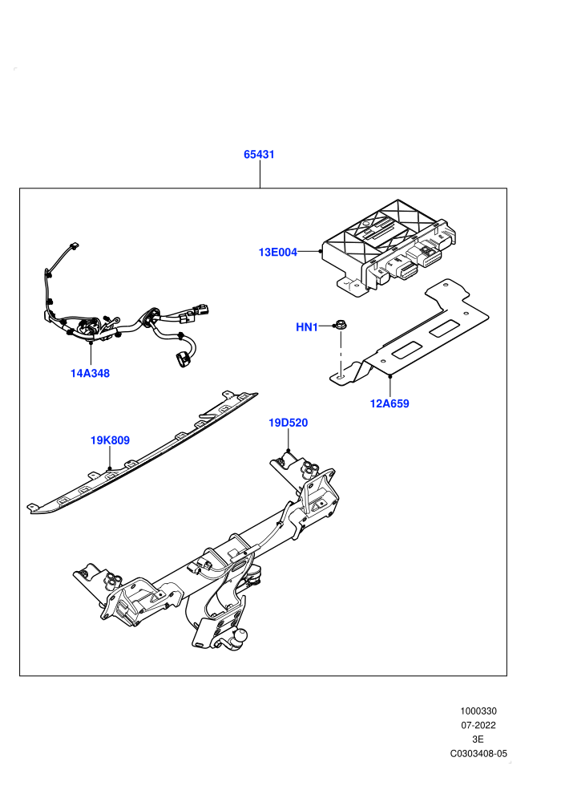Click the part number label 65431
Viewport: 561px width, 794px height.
259,155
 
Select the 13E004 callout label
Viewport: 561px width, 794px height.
278,252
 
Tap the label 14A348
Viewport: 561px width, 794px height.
90,373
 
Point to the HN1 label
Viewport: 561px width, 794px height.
307,327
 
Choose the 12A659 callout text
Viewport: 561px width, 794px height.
389,403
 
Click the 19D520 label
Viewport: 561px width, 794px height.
288,423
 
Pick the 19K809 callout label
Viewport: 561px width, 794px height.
110,440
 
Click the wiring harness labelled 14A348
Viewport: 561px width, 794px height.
127,324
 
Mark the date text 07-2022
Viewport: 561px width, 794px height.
478,725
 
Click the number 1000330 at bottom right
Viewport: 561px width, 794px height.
478,711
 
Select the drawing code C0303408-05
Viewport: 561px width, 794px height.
478,753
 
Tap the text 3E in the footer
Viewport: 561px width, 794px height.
478,739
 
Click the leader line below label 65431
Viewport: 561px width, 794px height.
260,175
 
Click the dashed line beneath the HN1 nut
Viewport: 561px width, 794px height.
341,353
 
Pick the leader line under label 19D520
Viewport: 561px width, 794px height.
288,440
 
